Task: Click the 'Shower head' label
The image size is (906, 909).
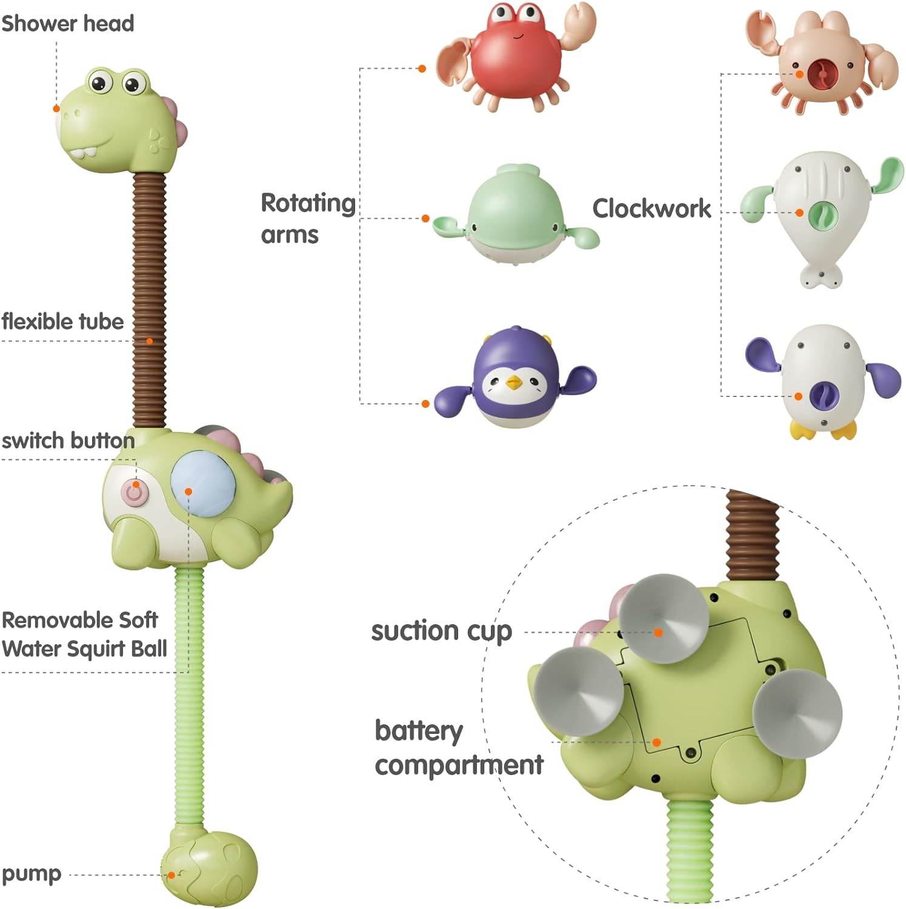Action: point(67,24)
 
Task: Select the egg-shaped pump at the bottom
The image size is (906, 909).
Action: point(210,868)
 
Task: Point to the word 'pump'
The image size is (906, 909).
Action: point(32,874)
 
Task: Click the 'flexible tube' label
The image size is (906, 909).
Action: point(62,321)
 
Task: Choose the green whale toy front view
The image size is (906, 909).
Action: point(515,215)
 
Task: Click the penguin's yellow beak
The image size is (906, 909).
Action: point(514,382)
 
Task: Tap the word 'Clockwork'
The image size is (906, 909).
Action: point(651,208)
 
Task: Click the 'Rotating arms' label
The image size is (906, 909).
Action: point(307,218)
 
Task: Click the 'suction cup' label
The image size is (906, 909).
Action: point(442,631)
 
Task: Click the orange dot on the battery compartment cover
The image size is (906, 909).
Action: point(656,742)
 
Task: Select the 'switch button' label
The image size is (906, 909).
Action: point(68,441)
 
